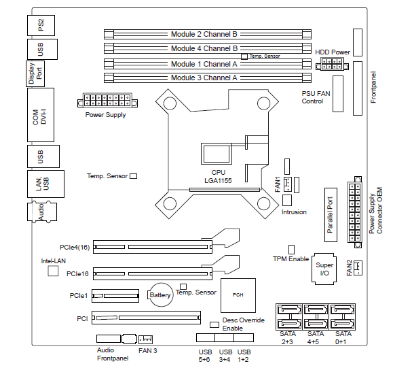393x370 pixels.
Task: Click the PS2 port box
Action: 41,25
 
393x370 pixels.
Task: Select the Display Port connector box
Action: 35,74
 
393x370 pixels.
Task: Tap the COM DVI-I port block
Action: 41,115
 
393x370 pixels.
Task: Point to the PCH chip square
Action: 238,295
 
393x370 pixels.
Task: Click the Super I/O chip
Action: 324,269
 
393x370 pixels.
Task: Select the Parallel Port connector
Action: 331,215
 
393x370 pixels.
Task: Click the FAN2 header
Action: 358,268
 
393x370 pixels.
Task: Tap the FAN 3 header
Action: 145,339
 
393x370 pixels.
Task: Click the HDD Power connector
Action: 332,64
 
